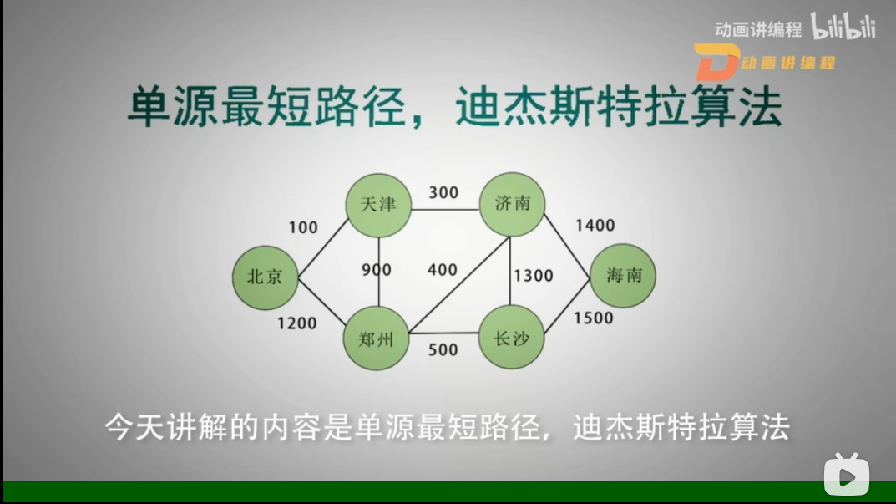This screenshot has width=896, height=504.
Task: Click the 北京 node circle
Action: [266, 277]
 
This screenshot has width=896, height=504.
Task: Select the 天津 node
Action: [378, 206]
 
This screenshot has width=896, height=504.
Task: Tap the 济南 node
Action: [512, 204]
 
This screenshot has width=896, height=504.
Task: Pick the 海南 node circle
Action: [623, 276]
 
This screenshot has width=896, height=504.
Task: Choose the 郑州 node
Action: [376, 339]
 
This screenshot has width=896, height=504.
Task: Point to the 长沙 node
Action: [511, 337]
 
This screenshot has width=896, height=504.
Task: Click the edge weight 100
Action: [303, 227]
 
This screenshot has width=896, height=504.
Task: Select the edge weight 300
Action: [443, 193]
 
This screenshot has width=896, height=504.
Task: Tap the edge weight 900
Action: [377, 269]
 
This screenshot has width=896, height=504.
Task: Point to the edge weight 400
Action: [443, 269]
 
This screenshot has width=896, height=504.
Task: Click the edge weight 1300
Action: [533, 276]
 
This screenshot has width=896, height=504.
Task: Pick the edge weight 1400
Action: [595, 226]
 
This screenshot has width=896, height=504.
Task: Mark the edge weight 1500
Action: [593, 318]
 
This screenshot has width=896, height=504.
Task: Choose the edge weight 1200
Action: [296, 323]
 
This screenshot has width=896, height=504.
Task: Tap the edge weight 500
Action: [443, 349]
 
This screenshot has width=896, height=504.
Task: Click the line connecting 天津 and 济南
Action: [445, 210]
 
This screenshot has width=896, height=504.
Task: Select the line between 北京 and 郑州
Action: [321, 303]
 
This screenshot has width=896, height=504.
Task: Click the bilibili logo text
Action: [843, 26]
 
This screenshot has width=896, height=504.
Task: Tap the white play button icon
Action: [846, 474]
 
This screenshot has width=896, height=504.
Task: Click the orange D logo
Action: [717, 62]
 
